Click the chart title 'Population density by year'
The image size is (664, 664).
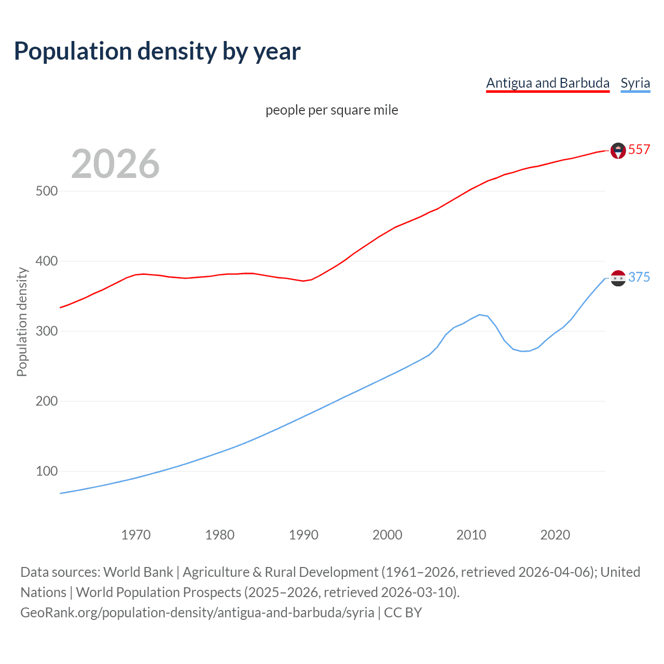tap(157, 51)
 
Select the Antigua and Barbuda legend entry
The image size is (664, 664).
tap(547, 83)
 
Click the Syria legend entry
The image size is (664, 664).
tap(635, 83)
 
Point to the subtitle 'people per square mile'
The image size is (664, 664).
tap(331, 110)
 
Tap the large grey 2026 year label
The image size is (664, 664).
tap(115, 164)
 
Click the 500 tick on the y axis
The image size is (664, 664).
tap(46, 191)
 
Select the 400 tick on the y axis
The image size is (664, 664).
tap(46, 261)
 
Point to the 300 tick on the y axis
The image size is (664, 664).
tap(46, 331)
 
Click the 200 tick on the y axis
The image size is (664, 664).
tap(46, 401)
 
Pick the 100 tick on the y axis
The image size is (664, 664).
tap(46, 471)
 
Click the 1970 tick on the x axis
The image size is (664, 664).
tap(135, 535)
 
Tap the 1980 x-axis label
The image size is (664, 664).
tap(219, 535)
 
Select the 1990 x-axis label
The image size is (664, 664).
tap(303, 535)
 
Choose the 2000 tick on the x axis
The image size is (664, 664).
tap(387, 535)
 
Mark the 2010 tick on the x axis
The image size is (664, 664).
tap(471, 535)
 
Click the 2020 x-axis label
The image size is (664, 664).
tap(555, 535)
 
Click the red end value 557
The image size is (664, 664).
tap(639, 149)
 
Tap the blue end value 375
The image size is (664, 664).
tap(639, 277)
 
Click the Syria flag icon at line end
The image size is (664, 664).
tap(618, 278)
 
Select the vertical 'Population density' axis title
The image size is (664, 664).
tap(22, 322)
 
